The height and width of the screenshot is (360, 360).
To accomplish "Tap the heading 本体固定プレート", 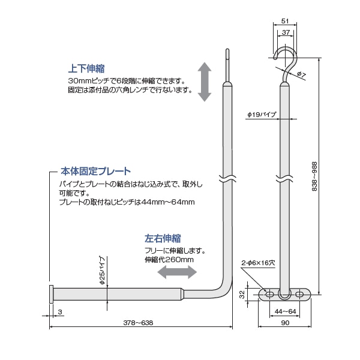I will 95,170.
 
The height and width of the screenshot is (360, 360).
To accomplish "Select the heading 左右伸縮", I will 163,238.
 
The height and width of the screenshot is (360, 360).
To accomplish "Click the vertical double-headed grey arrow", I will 204,82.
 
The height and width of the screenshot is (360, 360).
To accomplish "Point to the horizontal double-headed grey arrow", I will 176,272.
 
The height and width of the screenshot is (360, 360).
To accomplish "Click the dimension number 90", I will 286,323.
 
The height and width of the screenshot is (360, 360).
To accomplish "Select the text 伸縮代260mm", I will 169,260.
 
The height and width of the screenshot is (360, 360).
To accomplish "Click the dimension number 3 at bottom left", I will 60,313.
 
